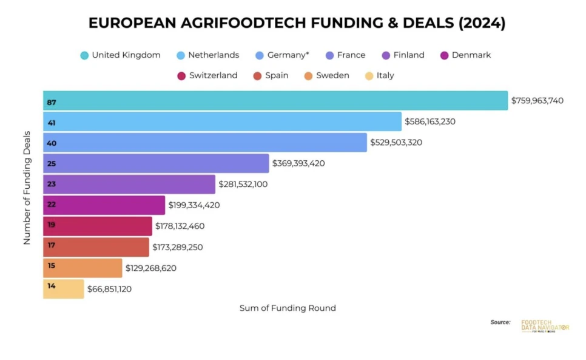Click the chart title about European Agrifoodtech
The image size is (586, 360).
297,23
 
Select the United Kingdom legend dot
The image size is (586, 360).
84,55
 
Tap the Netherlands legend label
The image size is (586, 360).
214,55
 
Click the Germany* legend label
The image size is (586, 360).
288,55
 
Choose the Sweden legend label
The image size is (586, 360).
332,76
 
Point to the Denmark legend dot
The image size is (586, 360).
444,55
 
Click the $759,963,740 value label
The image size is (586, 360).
537,101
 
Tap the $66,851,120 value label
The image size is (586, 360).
109,289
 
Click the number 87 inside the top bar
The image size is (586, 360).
52,103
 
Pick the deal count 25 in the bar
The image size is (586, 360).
52,163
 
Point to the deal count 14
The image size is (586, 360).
52,285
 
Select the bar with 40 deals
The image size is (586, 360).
205,143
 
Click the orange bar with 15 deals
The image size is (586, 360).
83,268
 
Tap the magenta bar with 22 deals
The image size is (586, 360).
104,205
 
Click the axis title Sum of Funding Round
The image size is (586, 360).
288,308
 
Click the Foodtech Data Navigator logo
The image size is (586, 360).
544,326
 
